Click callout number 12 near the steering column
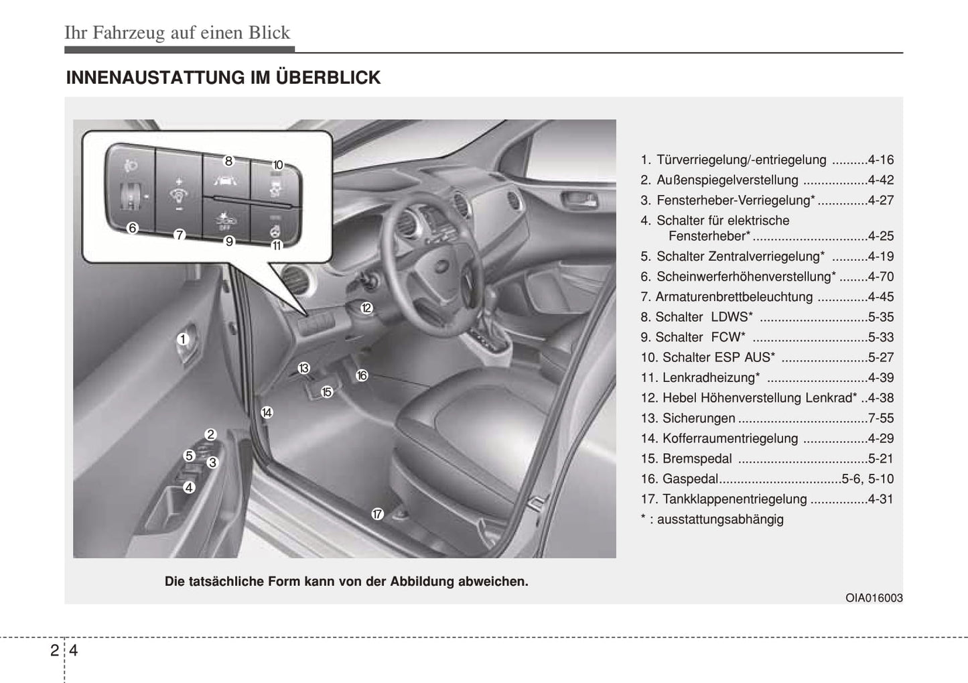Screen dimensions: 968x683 point(366,308)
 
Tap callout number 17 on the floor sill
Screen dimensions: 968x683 point(377,514)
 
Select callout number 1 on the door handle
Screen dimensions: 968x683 point(183,339)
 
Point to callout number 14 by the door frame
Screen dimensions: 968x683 point(267,412)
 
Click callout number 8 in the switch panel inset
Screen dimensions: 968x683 point(228,162)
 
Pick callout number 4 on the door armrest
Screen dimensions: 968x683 point(189,487)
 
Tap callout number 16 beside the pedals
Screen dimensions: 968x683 point(362,375)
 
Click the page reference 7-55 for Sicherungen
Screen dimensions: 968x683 point(881,418)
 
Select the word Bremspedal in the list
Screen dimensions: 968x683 point(697,458)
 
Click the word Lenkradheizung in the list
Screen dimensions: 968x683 point(709,377)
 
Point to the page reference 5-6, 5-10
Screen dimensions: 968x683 point(868,479)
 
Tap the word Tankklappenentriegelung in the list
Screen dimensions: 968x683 point(735,499)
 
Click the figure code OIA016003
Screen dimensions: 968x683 point(874,598)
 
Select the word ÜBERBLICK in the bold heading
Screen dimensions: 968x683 point(328,77)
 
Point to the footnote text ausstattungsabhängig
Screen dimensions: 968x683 point(720,519)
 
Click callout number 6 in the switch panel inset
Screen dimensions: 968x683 point(133,228)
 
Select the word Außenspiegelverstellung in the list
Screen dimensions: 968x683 point(728,180)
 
